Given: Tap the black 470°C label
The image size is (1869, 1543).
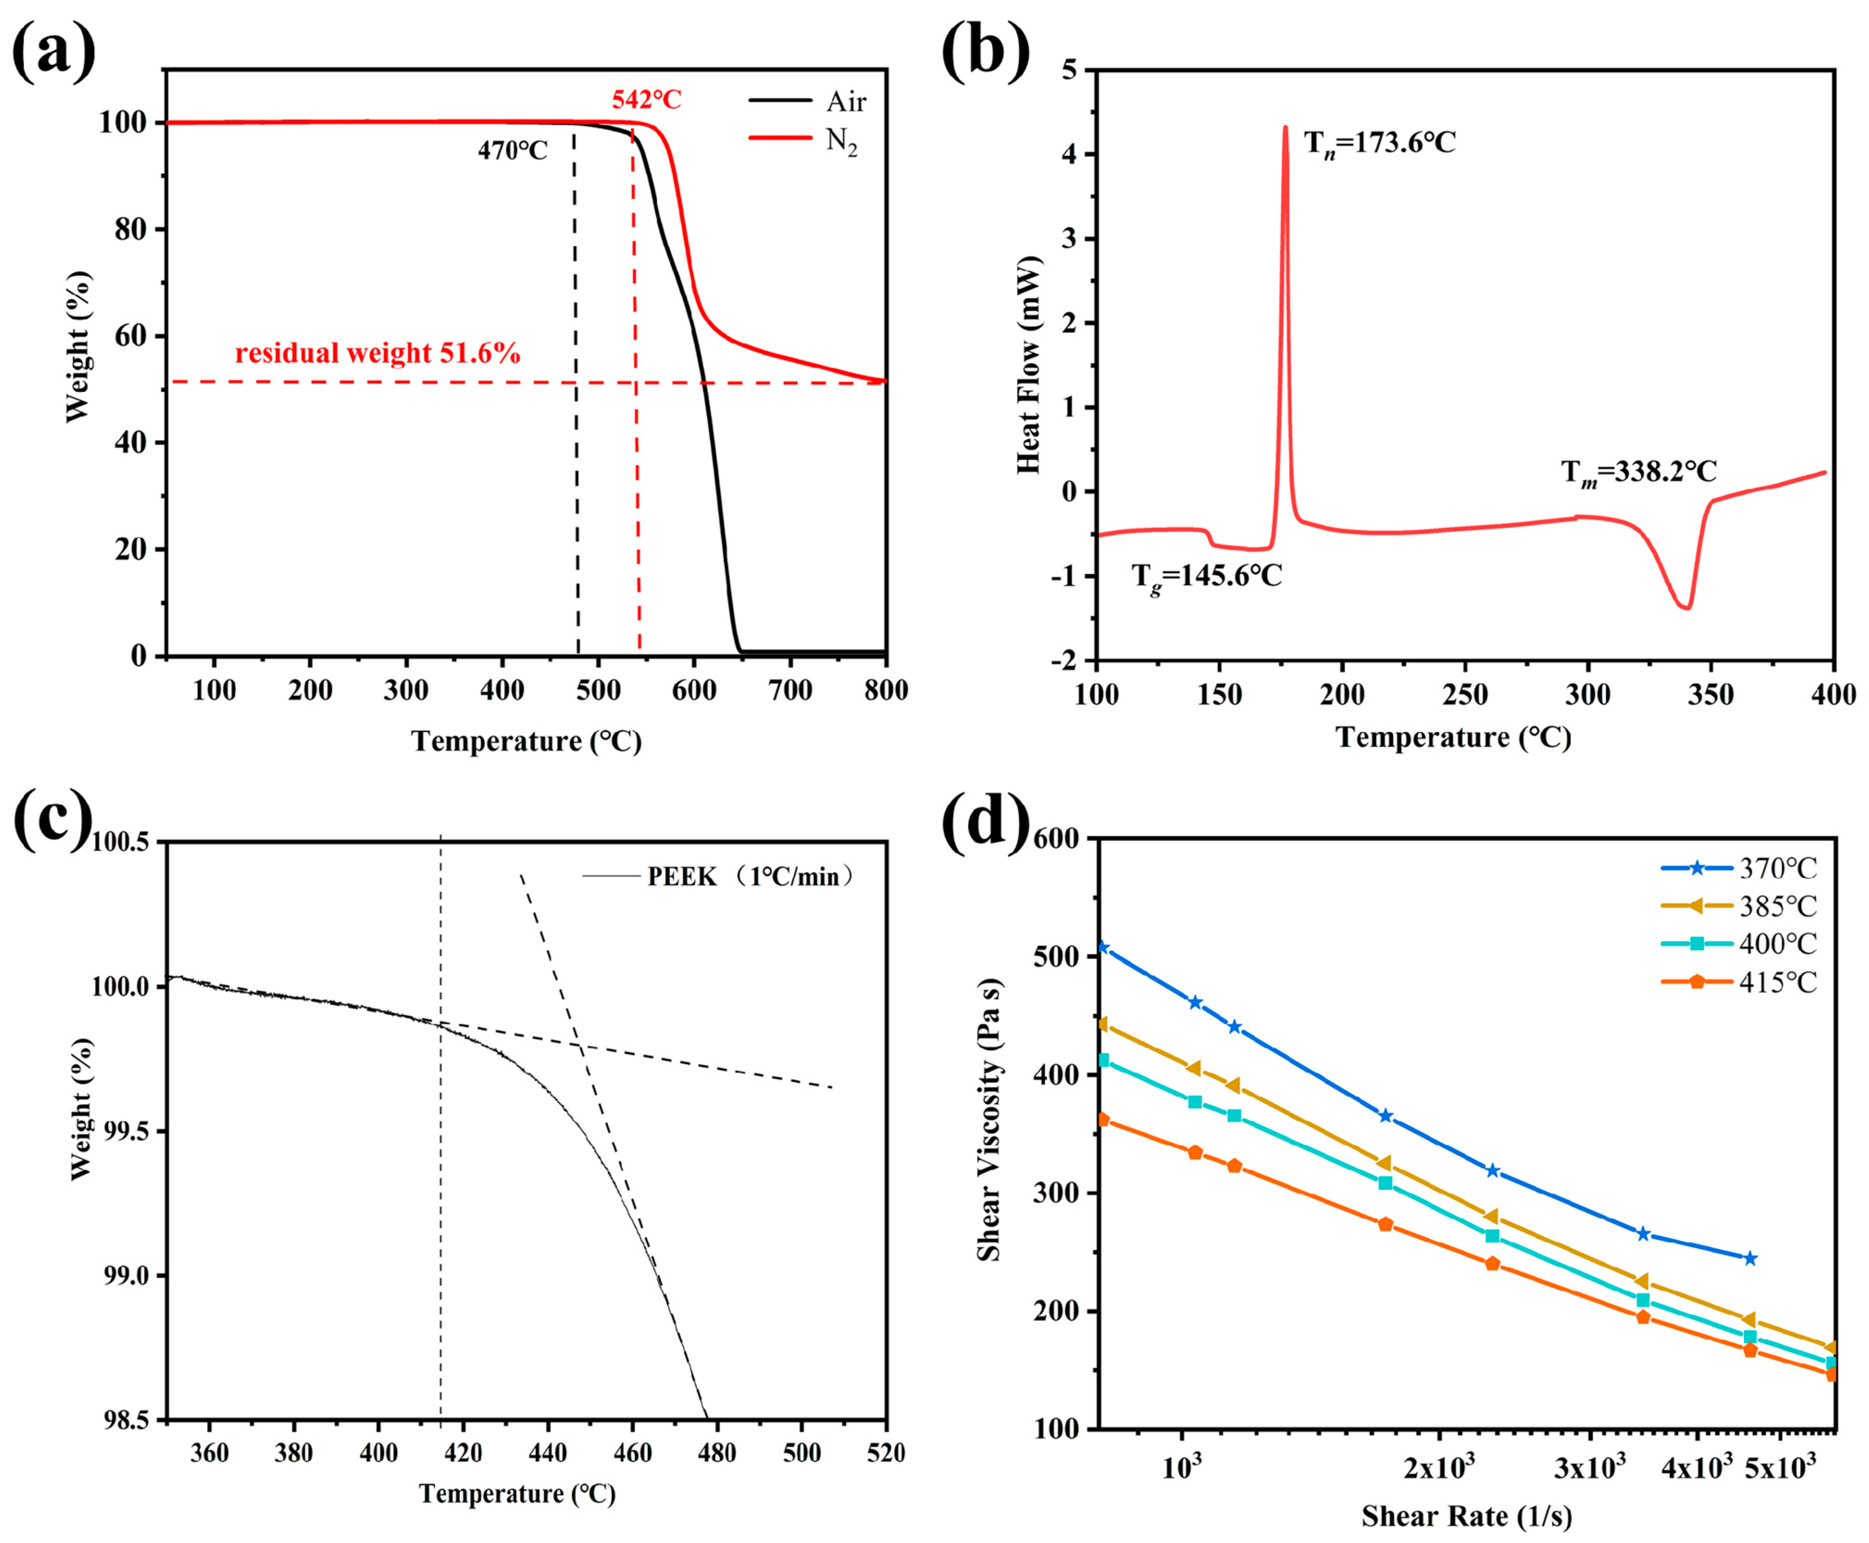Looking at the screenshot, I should pos(513,151).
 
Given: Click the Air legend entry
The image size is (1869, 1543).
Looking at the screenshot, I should pos(844,102).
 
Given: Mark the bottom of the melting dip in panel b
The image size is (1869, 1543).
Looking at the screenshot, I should pos(1686,608).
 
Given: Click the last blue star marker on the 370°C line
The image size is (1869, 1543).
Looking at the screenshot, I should pos(1750,1259).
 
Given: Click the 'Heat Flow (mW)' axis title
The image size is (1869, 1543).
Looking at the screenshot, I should pos(1028,364).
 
